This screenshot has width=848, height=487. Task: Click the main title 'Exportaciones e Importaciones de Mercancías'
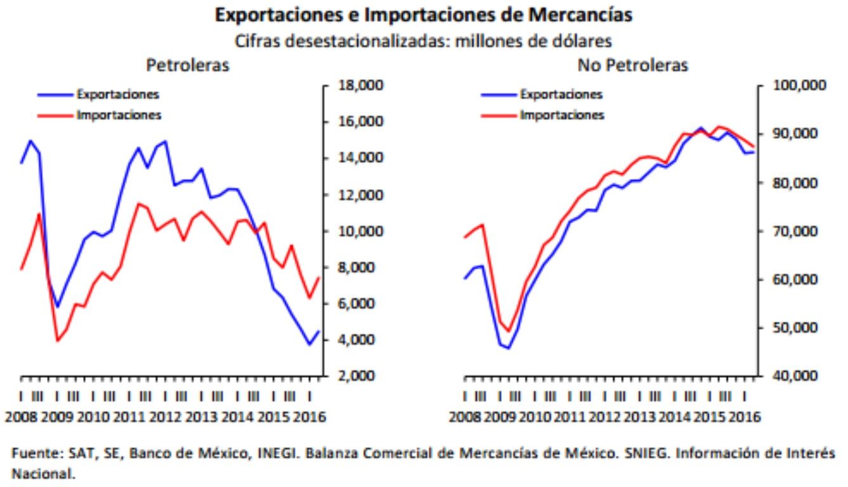pos(423,15)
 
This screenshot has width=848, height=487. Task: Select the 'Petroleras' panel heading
pos(188,65)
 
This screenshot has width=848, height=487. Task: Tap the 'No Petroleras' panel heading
pos(633,65)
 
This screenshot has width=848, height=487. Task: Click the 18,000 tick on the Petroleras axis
pos(355,85)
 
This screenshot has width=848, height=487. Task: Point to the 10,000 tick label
pos(355,231)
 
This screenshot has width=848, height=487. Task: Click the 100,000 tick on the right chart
pos(798,85)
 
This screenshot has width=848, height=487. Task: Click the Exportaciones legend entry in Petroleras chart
pos(117,94)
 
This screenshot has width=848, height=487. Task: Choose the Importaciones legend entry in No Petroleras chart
pos(562,115)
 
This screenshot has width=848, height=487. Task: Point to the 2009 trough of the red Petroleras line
pos(58,341)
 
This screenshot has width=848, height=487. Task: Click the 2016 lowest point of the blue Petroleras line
pos(309,344)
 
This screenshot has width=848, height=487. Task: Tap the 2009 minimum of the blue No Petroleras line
pos(508,348)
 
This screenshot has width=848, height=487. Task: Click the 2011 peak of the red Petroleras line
pos(138,204)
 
